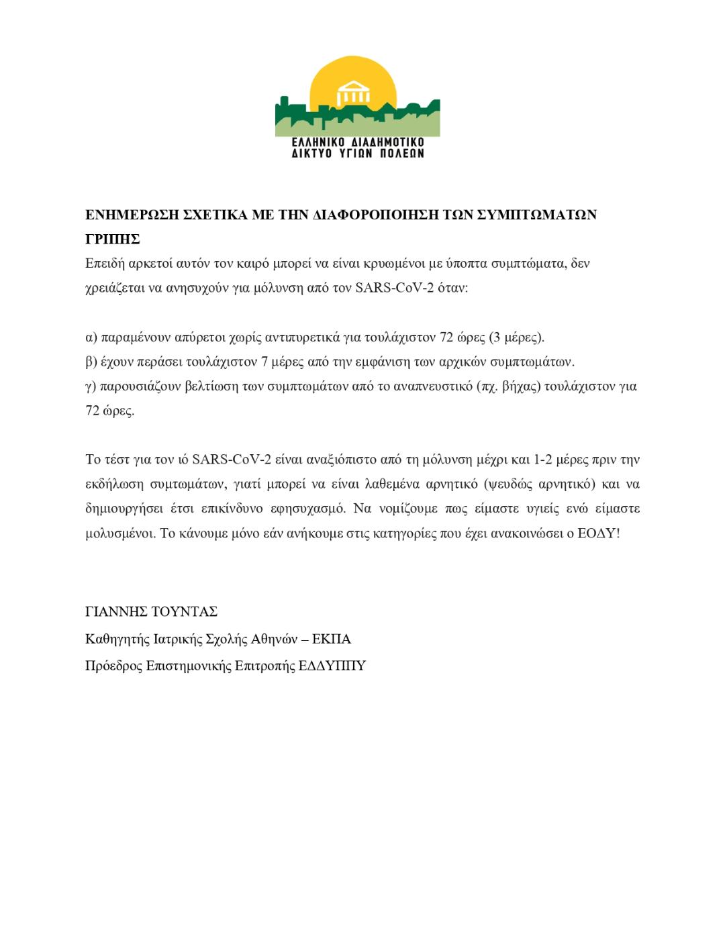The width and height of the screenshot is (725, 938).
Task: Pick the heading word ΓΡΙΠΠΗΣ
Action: click(113, 240)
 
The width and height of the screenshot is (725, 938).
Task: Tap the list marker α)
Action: click(92, 337)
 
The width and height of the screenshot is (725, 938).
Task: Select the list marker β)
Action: click(92, 362)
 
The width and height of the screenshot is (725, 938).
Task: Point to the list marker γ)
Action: click(91, 386)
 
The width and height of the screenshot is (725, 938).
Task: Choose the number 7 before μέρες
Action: click(264, 362)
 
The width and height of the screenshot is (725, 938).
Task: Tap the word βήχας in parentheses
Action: click(521, 386)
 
